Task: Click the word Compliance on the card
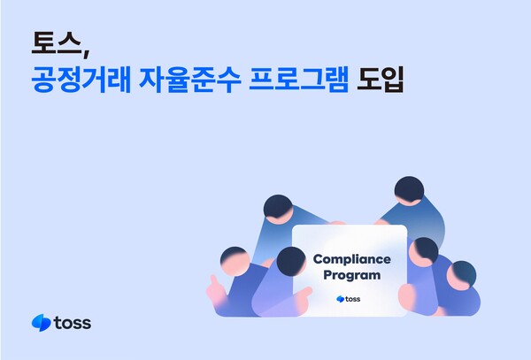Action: point(350,259)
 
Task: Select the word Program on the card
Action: point(350,275)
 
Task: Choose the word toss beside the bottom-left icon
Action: point(72,323)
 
